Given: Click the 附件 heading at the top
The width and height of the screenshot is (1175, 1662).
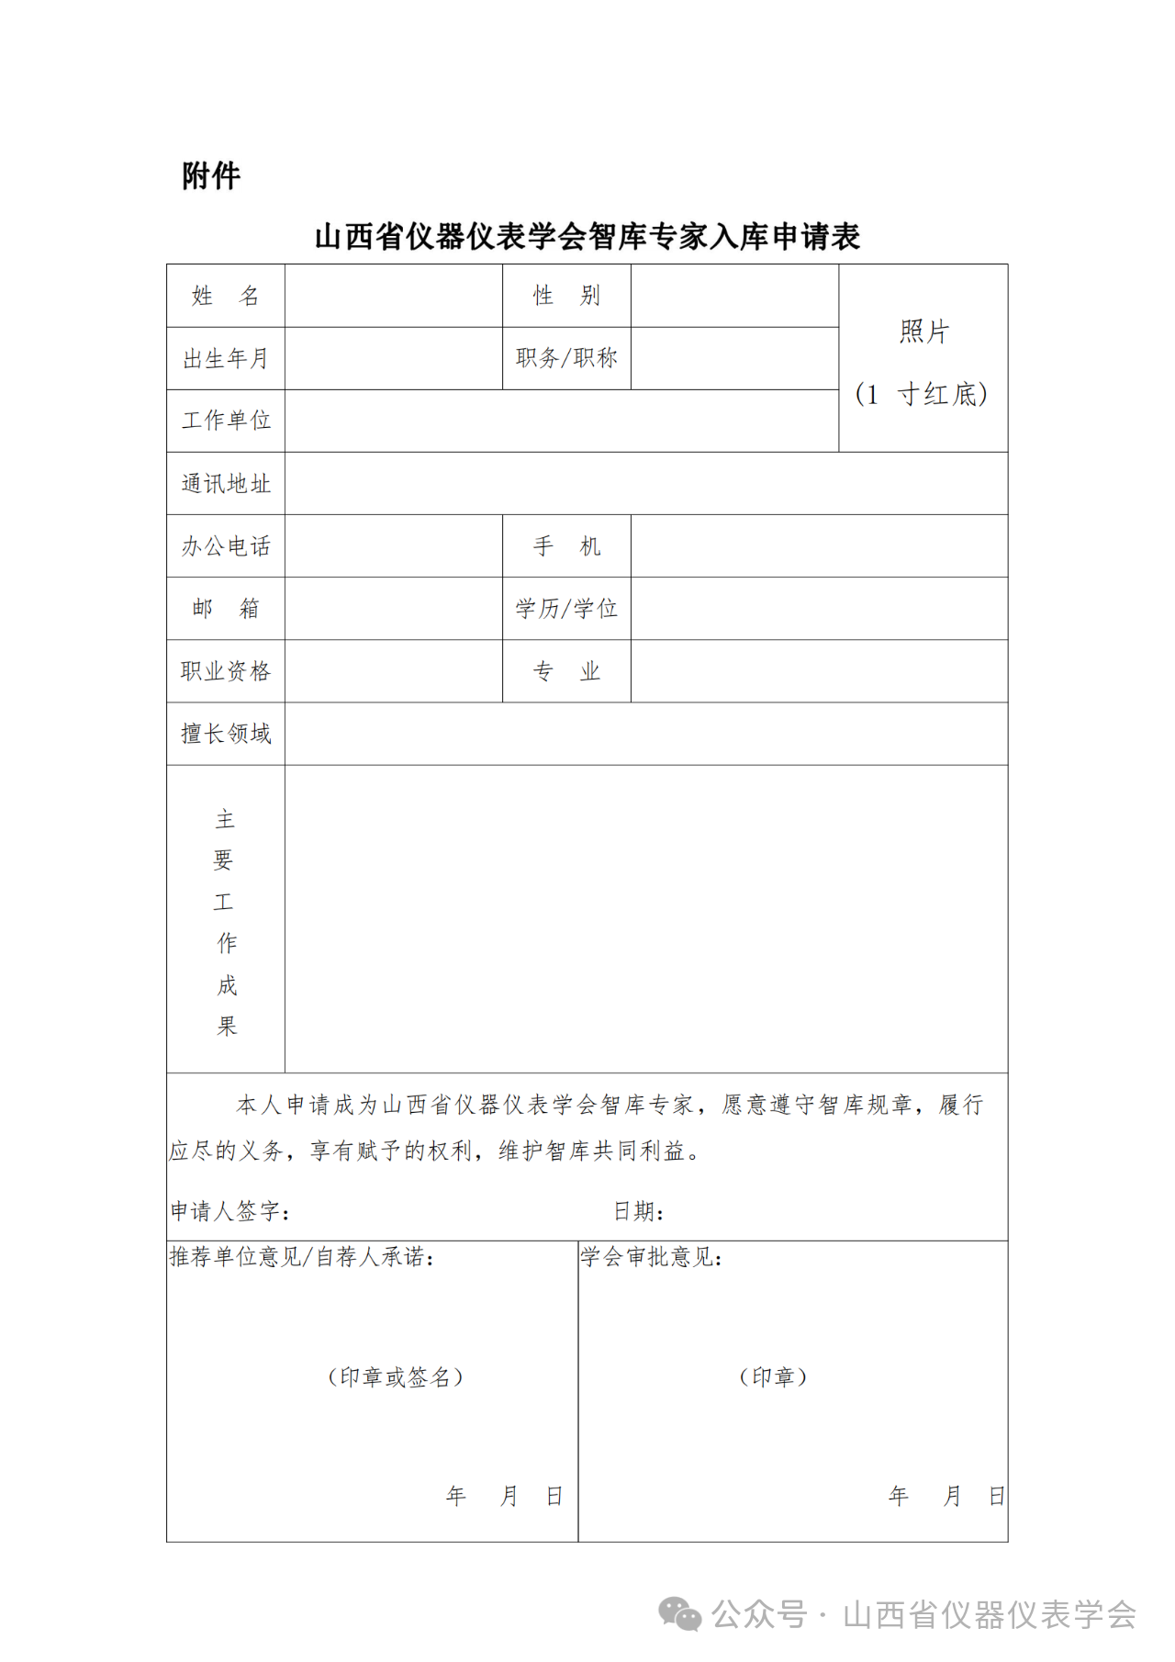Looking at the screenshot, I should pyautogui.click(x=211, y=175).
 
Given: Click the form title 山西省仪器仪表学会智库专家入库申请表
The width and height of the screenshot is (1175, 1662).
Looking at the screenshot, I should pyautogui.click(x=587, y=237).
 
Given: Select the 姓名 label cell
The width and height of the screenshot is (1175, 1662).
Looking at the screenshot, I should pyautogui.click(x=226, y=296).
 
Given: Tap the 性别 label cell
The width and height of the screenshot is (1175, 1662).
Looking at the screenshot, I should pyautogui.click(x=566, y=296).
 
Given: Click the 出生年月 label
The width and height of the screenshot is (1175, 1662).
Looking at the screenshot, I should pyautogui.click(x=226, y=358).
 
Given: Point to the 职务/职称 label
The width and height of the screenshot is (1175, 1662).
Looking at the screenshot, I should pyautogui.click(x=566, y=358).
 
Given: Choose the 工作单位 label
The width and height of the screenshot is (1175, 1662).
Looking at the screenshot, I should pyautogui.click(x=226, y=421).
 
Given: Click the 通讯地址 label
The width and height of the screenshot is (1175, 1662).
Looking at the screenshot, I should pyautogui.click(x=226, y=484).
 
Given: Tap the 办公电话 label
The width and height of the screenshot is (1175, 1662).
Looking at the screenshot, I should pyautogui.click(x=226, y=546).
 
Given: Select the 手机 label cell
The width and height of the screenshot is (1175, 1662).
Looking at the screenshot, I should pyautogui.click(x=566, y=546).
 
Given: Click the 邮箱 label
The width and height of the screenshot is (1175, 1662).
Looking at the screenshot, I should pyautogui.click(x=226, y=608).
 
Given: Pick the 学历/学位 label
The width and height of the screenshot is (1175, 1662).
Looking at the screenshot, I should pyautogui.click(x=566, y=608).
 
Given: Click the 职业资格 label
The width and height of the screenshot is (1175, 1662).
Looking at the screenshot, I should pyautogui.click(x=226, y=671).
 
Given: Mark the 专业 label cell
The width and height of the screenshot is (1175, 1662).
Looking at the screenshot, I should pyautogui.click(x=566, y=671).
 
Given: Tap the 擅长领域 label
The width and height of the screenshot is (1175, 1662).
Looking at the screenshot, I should pyautogui.click(x=226, y=734).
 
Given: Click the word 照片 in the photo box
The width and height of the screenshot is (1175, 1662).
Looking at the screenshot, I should pyautogui.click(x=923, y=331).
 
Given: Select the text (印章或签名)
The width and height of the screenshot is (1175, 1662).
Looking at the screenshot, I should pyautogui.click(x=396, y=1377).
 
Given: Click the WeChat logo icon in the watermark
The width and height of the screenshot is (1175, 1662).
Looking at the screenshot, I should pyautogui.click(x=680, y=1613).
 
